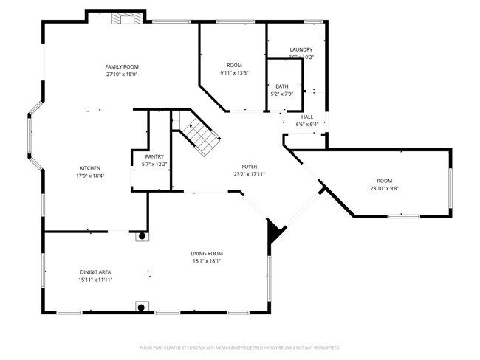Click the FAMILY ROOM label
click(122, 66)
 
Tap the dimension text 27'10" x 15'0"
click(122, 74)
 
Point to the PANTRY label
click(154, 156)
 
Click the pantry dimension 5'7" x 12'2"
click(154, 164)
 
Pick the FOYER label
click(250, 167)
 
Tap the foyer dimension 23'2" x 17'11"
click(250, 174)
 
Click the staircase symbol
click(197, 136)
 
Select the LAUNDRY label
click(301, 49)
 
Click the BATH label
click(282, 86)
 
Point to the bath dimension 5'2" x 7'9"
click(282, 94)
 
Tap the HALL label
click(307, 117)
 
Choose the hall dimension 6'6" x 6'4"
click(307, 124)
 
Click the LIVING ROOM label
click(207, 253)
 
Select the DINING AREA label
click(95, 272)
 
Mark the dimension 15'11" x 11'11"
click(95, 280)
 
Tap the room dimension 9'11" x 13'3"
click(234, 73)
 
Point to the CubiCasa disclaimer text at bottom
click(239, 347)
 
